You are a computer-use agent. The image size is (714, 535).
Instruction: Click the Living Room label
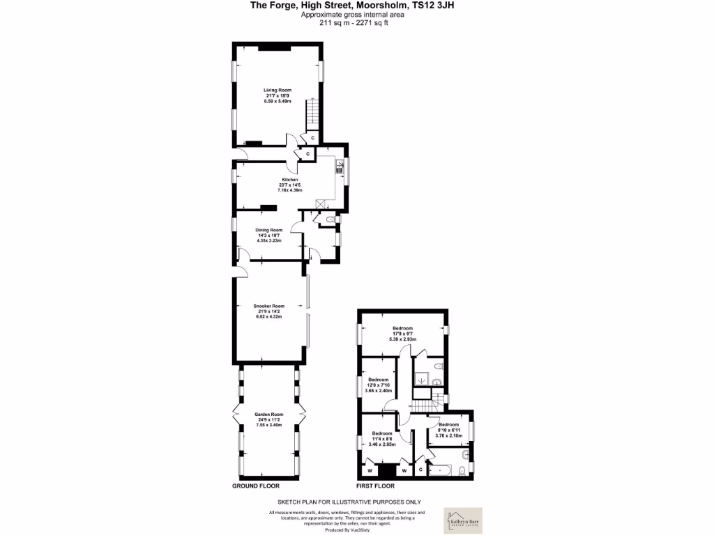(277, 90)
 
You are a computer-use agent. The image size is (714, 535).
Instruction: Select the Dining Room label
(268, 230)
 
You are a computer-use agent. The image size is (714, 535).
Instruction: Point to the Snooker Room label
(269, 306)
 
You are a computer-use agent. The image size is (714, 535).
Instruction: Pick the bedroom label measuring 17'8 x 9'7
(402, 328)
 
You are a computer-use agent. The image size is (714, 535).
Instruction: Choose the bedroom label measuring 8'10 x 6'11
(448, 424)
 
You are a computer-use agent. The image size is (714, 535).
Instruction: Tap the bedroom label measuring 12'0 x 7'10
(378, 380)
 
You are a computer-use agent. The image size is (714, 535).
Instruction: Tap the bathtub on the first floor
(440, 470)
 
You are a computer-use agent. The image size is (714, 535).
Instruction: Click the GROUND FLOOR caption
(256, 486)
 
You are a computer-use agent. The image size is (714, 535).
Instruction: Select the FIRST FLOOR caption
(376, 486)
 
